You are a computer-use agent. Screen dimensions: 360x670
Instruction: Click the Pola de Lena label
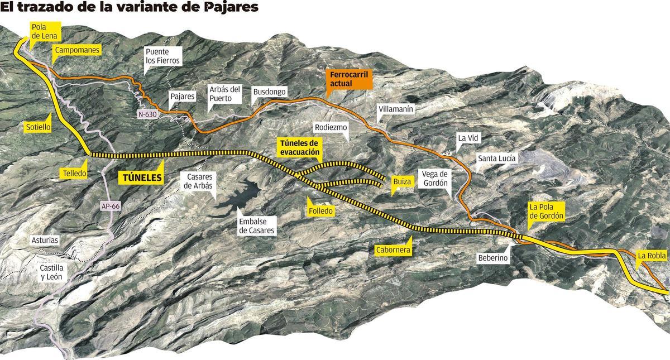point(42,31)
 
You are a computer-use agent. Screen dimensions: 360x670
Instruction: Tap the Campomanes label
point(76,50)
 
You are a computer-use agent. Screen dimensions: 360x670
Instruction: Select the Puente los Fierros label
point(163,55)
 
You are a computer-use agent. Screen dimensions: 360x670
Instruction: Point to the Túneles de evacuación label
point(299,147)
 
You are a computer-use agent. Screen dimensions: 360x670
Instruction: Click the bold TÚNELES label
point(142,178)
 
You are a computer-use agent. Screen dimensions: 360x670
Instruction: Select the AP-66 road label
point(111,206)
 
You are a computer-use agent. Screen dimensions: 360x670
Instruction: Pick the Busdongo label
point(269,92)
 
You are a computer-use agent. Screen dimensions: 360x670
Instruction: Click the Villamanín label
point(395,109)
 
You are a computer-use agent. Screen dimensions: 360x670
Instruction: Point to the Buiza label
point(401,181)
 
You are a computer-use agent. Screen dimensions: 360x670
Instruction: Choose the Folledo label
point(320,211)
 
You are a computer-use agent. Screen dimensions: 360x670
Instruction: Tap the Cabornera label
point(394,250)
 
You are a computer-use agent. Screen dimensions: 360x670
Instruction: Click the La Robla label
point(650,256)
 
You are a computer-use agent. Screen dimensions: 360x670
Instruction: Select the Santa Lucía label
point(497,159)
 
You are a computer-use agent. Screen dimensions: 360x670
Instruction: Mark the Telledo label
point(74,173)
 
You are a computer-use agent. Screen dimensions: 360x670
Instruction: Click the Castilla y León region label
point(51,272)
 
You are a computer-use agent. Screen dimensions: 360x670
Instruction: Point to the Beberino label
point(492,258)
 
